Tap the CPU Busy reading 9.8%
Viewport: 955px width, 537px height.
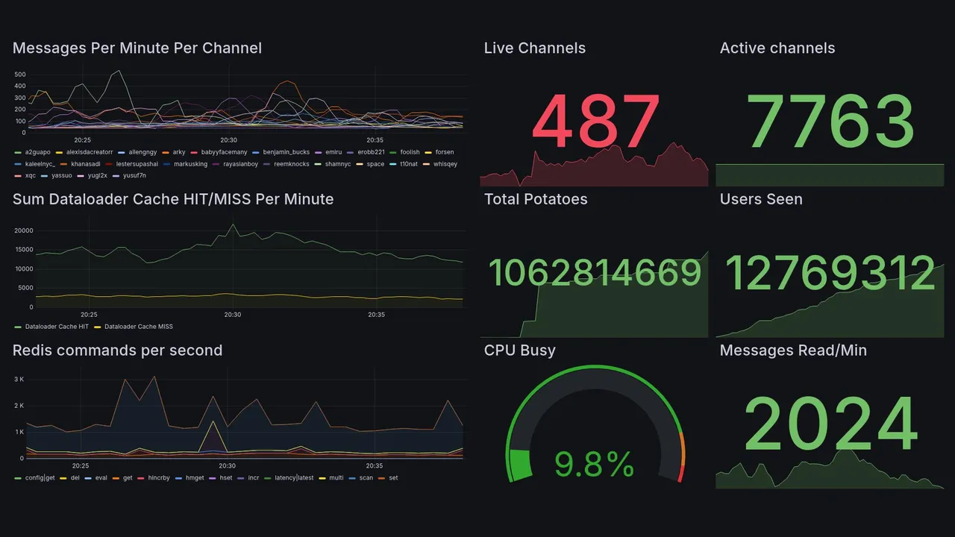[x=594, y=465]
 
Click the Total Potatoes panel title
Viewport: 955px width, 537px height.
[x=536, y=199]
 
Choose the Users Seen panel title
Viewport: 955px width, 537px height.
[x=761, y=199]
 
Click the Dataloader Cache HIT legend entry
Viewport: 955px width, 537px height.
[x=56, y=327]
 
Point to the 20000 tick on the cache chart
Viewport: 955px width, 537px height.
[x=24, y=230]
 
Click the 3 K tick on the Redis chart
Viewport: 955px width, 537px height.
[x=19, y=380]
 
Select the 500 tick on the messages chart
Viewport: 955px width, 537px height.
[x=20, y=75]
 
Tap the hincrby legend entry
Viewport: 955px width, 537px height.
[x=158, y=477]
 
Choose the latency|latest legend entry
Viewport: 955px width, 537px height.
[x=293, y=477]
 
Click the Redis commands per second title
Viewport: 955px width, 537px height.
[x=117, y=351]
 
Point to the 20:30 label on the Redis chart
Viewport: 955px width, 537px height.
[x=227, y=466]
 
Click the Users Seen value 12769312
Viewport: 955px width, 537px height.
[x=830, y=274]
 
